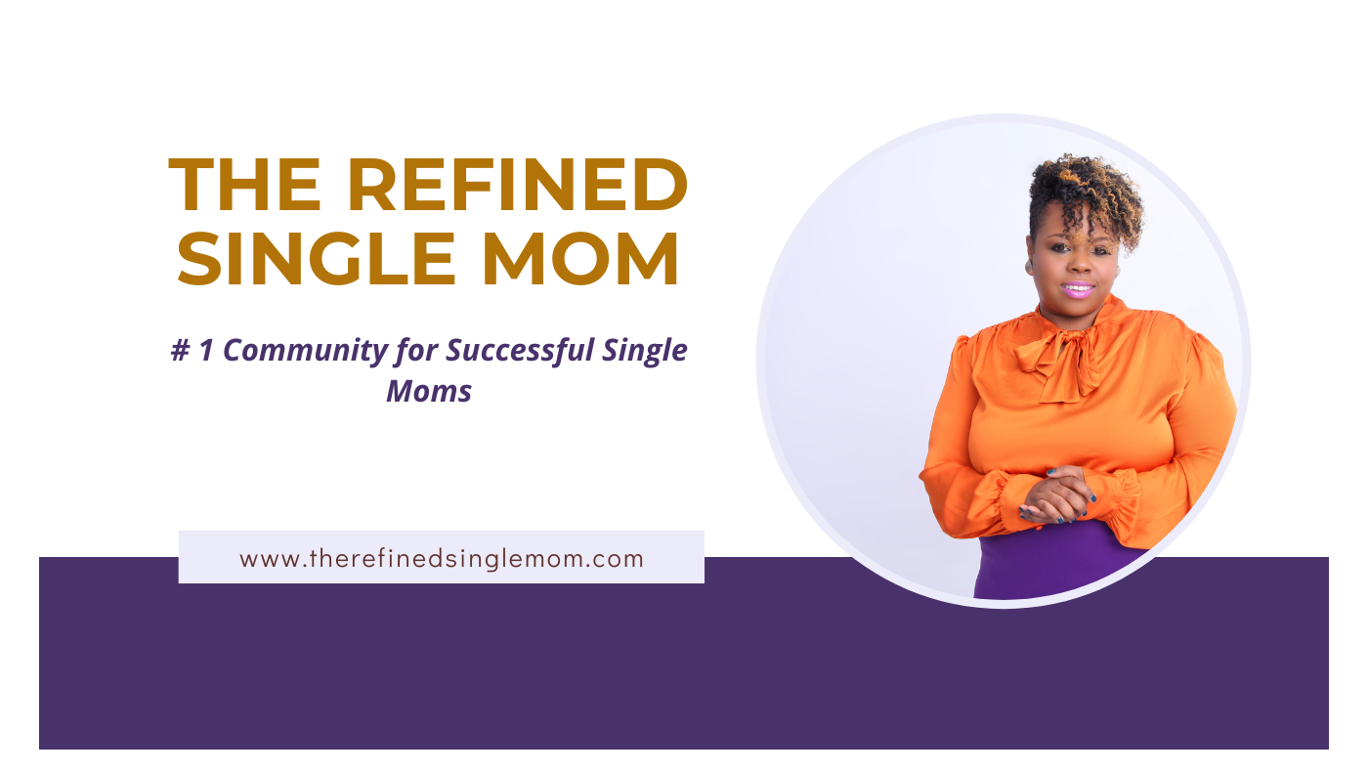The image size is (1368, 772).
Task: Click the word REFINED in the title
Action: click(518, 185)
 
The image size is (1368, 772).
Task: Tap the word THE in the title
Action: click(245, 185)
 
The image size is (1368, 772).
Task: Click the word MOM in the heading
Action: click(580, 258)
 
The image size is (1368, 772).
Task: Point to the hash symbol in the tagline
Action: click(180, 350)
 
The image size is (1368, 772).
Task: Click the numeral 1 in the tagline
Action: click(206, 350)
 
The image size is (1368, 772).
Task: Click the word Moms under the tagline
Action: click(429, 391)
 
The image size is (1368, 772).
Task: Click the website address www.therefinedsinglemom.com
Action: click(442, 559)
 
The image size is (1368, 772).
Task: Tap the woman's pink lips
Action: click(1077, 289)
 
